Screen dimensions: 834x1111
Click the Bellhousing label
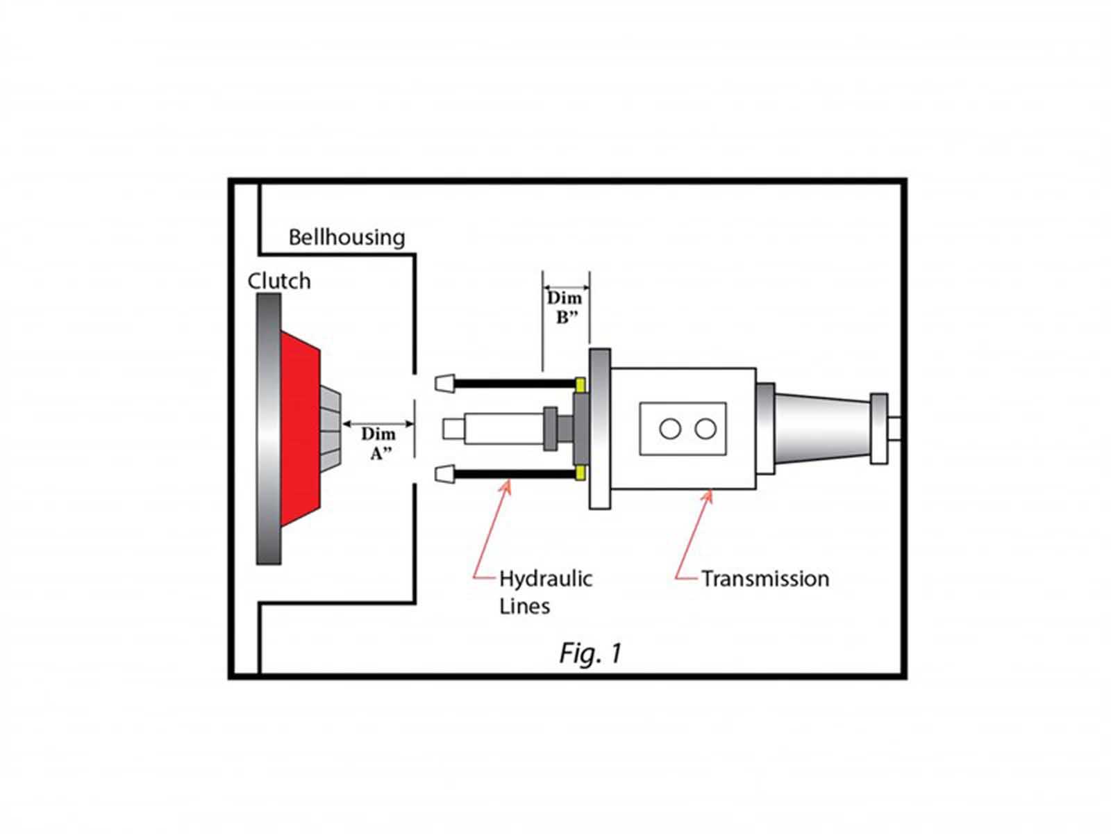[346, 238]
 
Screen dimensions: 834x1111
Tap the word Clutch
[279, 281]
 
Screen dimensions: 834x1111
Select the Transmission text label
[765, 579]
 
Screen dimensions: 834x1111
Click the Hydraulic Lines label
[544, 592]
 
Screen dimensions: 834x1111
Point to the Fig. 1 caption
[590, 653]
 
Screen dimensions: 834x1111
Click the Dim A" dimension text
[378, 443]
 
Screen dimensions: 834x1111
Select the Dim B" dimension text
[565, 307]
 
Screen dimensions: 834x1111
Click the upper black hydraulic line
[514, 384]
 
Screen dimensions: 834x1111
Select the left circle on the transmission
[670, 429]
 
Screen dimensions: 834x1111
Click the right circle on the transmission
[705, 429]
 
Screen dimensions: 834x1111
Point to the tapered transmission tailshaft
[823, 428]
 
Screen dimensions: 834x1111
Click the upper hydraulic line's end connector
[444, 383]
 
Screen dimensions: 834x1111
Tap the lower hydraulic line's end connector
[444, 475]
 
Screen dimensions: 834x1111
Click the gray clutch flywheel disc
[269, 427]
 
